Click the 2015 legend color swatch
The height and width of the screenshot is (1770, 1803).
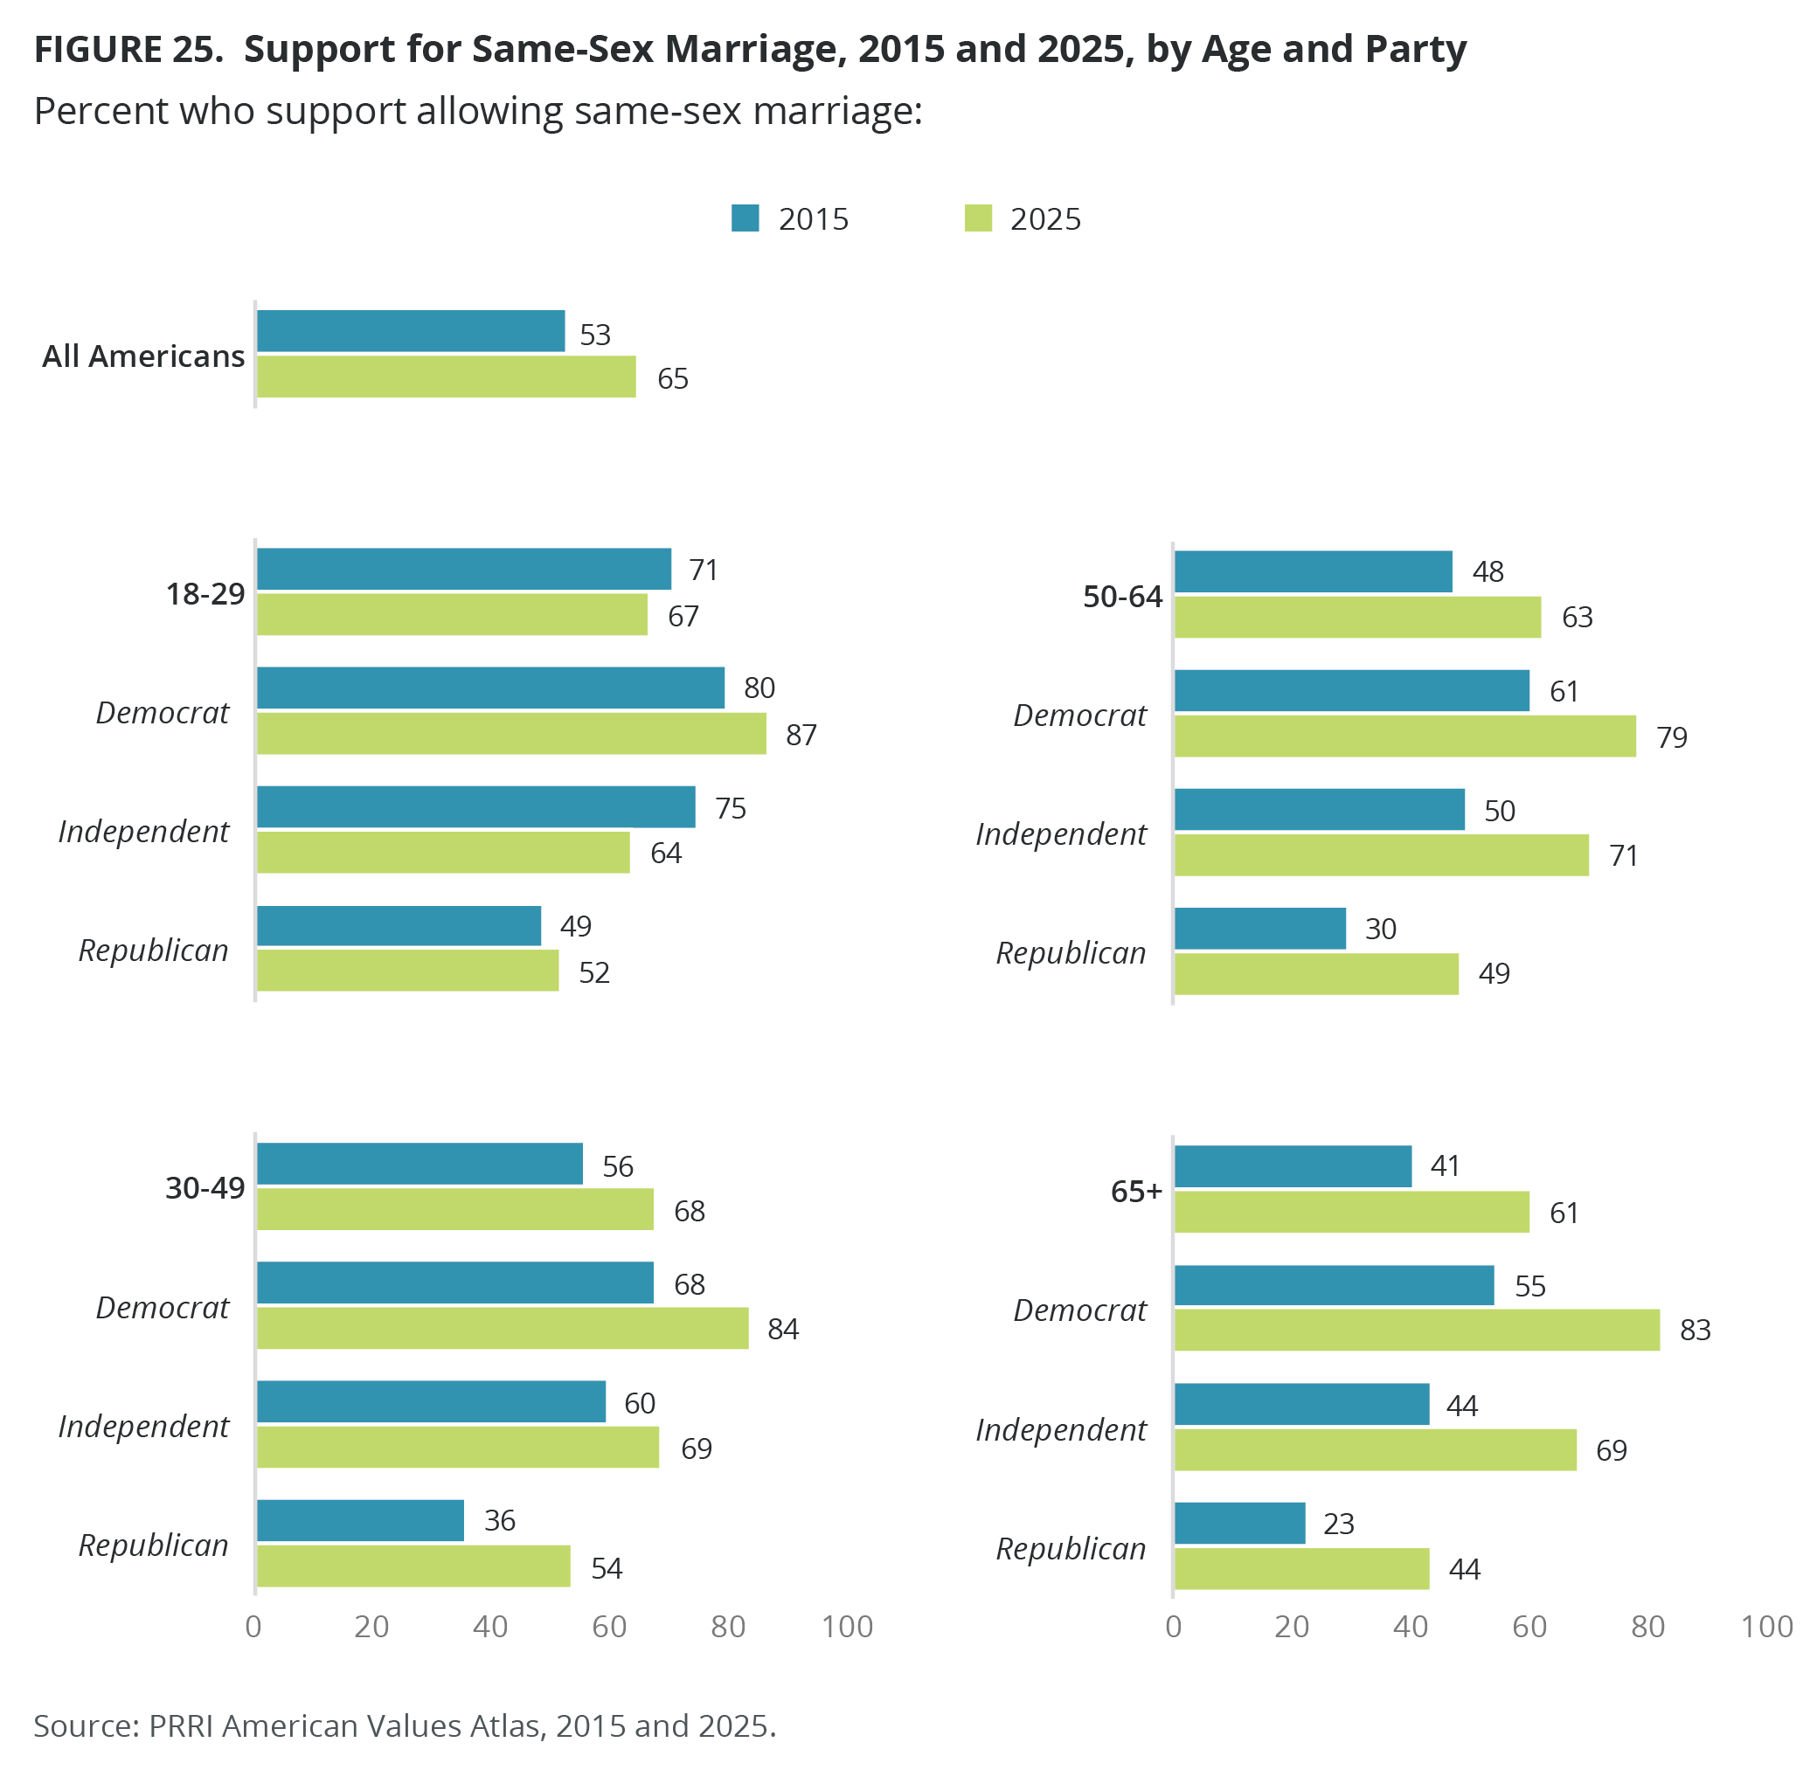[745, 218]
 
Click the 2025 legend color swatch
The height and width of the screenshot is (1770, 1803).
[977, 218]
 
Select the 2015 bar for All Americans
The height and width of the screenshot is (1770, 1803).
[410, 331]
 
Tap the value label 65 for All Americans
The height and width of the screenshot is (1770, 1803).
[672, 379]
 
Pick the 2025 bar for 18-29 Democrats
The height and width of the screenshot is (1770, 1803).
[510, 734]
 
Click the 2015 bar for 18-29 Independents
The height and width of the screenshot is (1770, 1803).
[475, 807]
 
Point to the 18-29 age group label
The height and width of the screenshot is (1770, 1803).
[205, 594]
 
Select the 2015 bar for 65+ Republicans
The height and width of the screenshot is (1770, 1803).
[1238, 1523]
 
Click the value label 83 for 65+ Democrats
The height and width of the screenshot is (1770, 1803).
[1695, 1331]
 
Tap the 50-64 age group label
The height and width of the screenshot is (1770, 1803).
[1121, 597]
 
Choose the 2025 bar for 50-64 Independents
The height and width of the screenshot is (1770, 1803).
[1380, 855]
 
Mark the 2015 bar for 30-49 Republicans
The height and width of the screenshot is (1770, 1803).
[360, 1520]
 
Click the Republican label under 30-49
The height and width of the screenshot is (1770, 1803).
[154, 1545]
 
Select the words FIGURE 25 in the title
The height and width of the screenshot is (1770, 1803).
[128, 49]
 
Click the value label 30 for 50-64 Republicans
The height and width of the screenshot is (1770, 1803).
[1380, 929]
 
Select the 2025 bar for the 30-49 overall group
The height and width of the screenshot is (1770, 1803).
[454, 1208]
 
